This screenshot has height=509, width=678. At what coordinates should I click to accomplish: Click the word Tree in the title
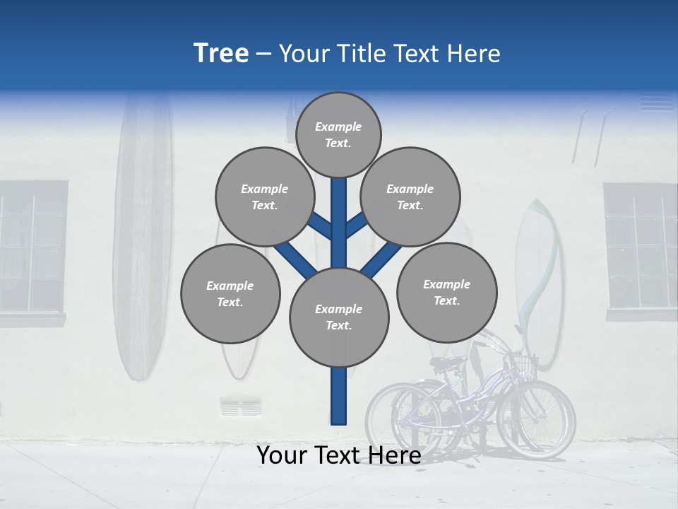tap(221, 53)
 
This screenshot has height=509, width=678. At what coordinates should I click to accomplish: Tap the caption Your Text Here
tap(338, 455)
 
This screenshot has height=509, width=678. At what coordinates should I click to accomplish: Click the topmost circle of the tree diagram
tap(338, 134)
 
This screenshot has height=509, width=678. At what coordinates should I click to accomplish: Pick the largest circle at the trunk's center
tap(339, 317)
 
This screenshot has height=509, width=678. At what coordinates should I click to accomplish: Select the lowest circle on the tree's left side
tap(230, 293)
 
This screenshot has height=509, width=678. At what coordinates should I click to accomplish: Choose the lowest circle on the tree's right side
tap(446, 292)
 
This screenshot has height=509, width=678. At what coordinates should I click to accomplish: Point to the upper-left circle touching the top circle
tap(265, 197)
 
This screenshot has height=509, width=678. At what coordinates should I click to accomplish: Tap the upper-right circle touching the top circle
tap(410, 197)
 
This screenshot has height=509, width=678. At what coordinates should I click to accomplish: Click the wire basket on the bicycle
tap(524, 363)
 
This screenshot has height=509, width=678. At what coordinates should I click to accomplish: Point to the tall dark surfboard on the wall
tap(143, 233)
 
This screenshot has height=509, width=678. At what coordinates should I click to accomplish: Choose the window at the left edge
tap(32, 247)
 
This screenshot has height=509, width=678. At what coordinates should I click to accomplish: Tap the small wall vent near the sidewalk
tap(241, 407)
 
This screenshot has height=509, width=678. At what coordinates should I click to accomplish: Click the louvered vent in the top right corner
tap(657, 103)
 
